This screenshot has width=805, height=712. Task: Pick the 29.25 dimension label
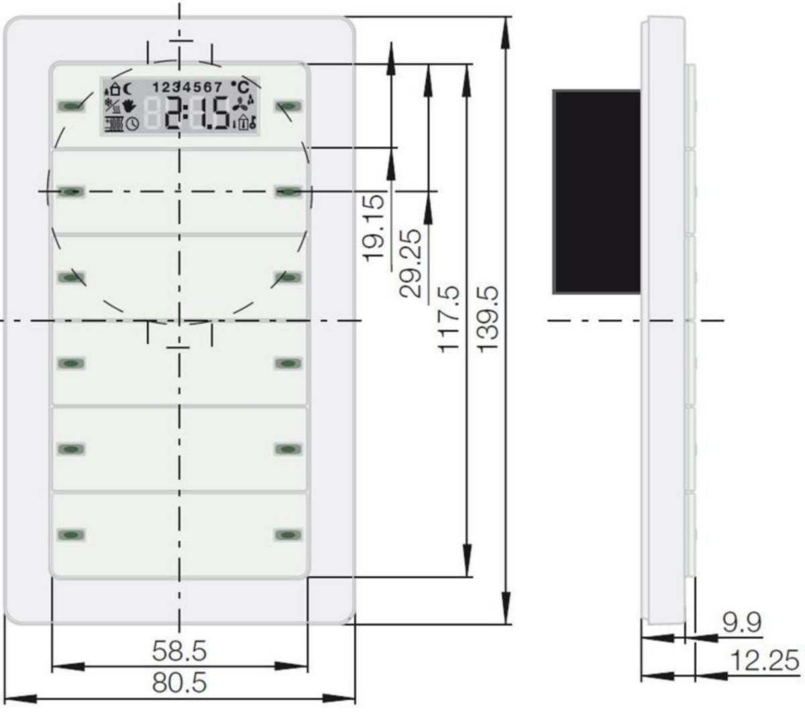tap(411, 263)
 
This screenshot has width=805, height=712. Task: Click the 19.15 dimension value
tap(375, 227)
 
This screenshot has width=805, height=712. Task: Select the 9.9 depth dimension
tap(741, 622)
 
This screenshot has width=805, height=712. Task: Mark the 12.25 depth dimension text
tap(765, 660)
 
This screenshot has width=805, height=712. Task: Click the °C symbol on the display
tap(240, 87)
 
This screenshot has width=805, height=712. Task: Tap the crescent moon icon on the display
tap(128, 89)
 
